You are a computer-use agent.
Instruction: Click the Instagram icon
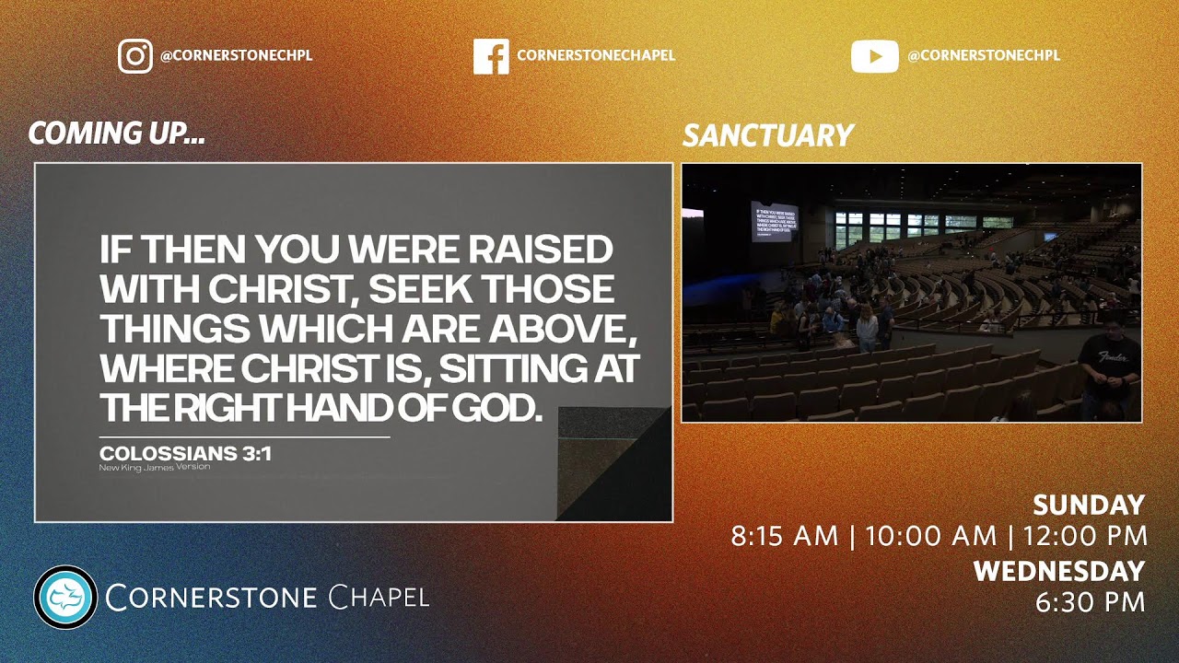(135, 55)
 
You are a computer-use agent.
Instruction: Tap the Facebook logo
(491, 55)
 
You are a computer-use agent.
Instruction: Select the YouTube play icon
(874, 56)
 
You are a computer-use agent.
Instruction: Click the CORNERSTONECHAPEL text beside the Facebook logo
(596, 55)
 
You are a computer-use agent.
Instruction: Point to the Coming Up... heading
(116, 134)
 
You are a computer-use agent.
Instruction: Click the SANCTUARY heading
(767, 136)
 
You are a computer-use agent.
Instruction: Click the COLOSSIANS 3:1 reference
(185, 453)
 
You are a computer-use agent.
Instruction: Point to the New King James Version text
(155, 467)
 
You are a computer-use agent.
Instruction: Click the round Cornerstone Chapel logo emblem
(65, 597)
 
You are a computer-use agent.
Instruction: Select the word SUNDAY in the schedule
(1088, 506)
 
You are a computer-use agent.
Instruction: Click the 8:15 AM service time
(785, 536)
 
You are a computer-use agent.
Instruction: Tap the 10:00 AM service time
(931, 536)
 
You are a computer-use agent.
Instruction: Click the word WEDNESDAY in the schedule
(1058, 571)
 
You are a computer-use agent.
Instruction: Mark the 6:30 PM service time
(1090, 602)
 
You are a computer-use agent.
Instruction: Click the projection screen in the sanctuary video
(774, 221)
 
